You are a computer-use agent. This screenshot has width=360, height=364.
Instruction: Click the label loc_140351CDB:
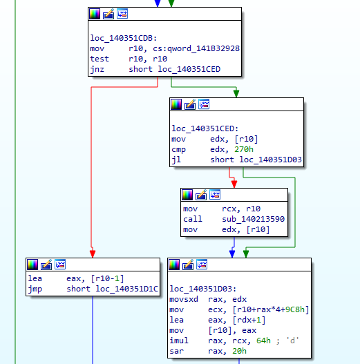(x=123, y=38)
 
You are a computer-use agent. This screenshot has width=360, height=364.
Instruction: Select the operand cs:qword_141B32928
(x=196, y=48)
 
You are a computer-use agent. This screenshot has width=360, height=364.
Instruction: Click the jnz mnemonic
(x=97, y=69)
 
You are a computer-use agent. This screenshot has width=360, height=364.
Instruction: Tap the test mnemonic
(x=100, y=59)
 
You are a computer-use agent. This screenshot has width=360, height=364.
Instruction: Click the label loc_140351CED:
(x=205, y=128)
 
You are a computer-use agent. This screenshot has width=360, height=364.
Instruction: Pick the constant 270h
(x=244, y=149)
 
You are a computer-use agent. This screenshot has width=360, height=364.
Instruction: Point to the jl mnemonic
(x=176, y=160)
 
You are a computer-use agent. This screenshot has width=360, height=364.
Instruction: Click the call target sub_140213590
(x=253, y=219)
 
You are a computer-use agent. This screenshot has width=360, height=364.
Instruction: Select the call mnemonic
(x=193, y=219)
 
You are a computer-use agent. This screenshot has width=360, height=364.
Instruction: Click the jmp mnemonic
(x=35, y=289)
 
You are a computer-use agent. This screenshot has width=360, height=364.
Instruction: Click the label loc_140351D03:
(x=202, y=289)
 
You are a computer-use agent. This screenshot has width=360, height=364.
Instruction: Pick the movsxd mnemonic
(x=184, y=299)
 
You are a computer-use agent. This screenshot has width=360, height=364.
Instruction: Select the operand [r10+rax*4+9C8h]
(x=271, y=309)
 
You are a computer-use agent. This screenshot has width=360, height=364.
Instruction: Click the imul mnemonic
(x=179, y=341)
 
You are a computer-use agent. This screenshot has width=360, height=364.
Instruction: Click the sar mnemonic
(x=176, y=351)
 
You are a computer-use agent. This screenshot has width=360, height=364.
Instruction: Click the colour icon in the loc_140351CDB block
(x=95, y=14)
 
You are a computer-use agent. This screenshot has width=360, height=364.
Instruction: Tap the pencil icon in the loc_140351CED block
(x=190, y=104)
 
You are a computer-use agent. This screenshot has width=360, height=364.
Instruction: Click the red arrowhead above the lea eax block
(x=93, y=253)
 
